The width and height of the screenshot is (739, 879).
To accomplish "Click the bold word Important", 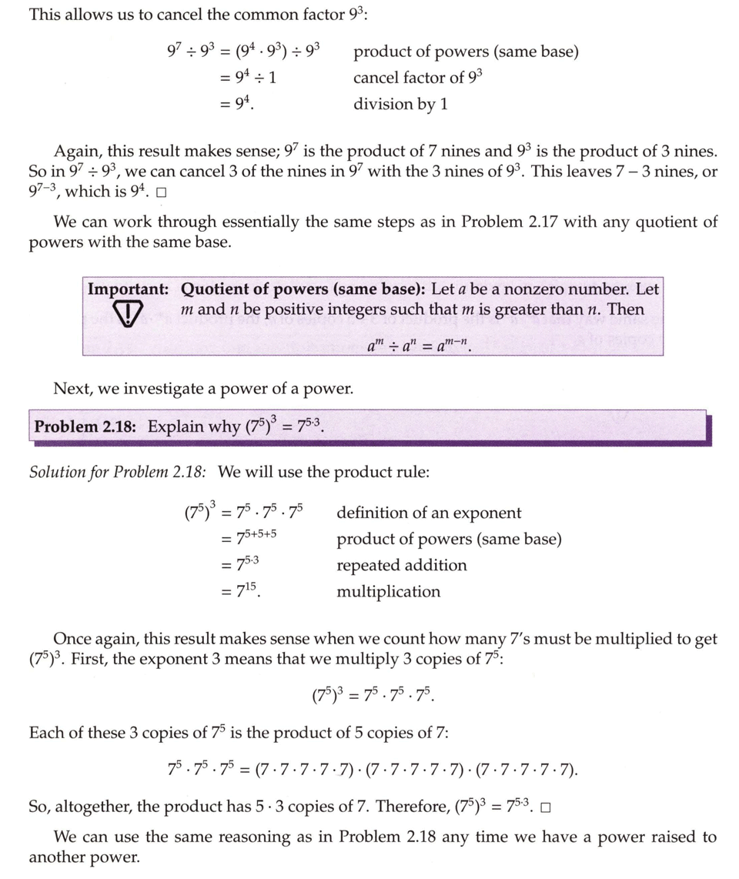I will click(x=128, y=289).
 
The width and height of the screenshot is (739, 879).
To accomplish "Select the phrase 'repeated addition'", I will click(x=401, y=565).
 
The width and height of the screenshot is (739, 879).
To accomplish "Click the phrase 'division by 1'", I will click(x=400, y=104).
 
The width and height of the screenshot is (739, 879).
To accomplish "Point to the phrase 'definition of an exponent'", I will click(x=428, y=513).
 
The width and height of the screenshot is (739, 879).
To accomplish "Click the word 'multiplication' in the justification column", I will click(x=388, y=591).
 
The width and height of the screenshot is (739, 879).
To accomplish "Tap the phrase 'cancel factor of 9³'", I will click(x=417, y=78).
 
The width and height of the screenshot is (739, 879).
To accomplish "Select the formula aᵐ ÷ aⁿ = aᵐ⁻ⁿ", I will click(x=420, y=346).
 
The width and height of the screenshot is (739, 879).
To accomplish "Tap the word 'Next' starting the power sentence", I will click(x=70, y=389).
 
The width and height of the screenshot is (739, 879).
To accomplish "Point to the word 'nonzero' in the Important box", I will click(x=542, y=289).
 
